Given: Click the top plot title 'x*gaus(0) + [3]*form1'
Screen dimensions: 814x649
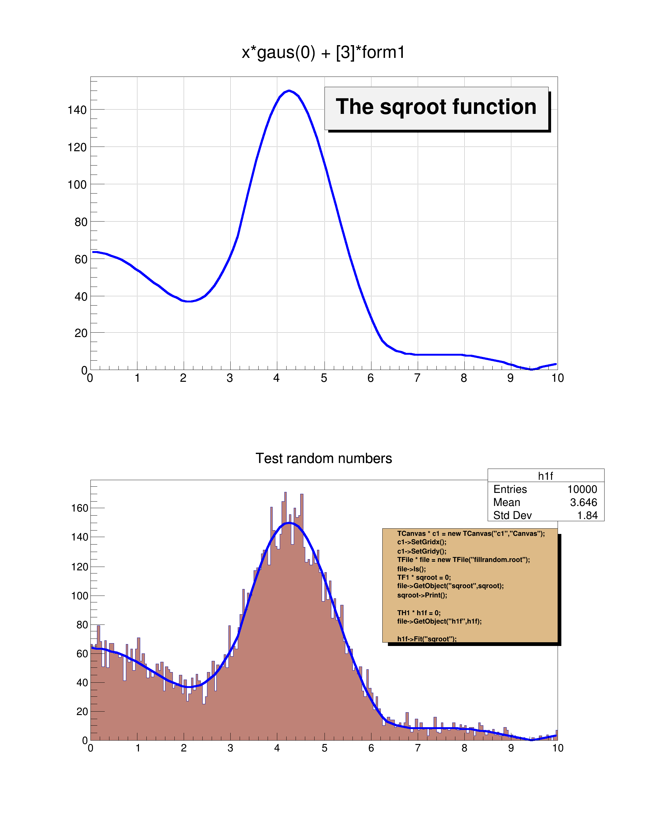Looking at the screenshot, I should pos(323,52).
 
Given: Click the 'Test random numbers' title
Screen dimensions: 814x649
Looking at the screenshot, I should pos(324,458).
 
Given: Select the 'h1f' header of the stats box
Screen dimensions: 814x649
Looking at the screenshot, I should pos(545,476).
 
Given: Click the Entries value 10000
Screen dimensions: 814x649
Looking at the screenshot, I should pos(582,489).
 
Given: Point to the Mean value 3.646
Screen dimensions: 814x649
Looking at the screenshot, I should pos(583,503).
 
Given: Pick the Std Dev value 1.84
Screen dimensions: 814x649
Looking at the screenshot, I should pos(587,515).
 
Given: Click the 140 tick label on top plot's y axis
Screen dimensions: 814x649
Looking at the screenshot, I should pos(77,110).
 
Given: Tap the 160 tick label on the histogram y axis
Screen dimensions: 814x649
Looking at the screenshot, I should pos(80,508).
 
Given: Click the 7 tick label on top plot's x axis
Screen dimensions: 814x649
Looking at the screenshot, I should pos(417,378).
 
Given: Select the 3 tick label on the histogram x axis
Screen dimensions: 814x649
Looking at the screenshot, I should pos(230,748).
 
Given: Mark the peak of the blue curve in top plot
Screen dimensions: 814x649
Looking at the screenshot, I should pos(289,91).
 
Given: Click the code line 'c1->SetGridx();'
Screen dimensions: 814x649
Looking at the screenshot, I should pos(421,542).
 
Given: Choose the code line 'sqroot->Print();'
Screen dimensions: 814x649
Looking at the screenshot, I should pos(422,595).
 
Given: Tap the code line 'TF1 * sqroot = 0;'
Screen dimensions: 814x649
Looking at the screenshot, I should pos(424,577).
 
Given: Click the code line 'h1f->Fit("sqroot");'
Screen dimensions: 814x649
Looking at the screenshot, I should pos(426,639).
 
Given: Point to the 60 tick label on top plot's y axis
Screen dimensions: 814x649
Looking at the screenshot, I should pos(81,260).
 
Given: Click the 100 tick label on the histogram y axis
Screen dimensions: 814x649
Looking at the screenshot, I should pos(80,596).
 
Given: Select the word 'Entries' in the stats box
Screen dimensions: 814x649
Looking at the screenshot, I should pos(510,489).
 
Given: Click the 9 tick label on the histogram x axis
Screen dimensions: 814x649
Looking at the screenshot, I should pos(511,748).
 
